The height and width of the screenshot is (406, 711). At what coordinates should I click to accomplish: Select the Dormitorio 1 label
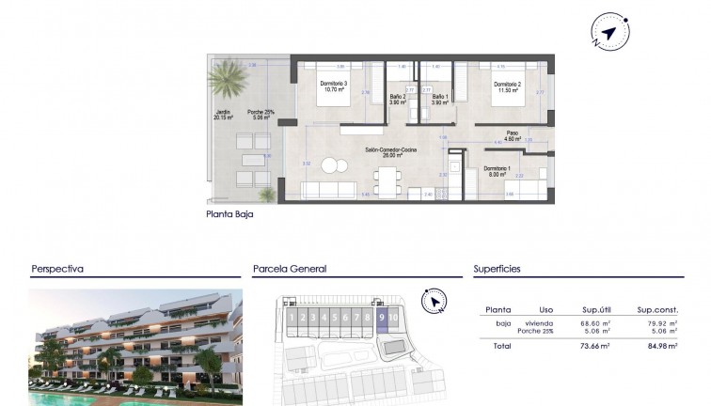point(498,170)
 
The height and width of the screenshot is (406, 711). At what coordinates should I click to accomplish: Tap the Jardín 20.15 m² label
point(223,116)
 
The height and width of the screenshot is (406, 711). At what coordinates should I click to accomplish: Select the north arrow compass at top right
point(610,33)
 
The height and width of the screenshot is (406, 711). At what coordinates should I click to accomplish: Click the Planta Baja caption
point(229,214)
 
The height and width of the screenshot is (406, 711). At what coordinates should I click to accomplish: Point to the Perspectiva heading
point(57,269)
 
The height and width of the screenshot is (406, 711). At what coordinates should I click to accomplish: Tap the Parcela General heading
point(290,269)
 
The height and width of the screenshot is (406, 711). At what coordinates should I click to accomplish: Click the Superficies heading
point(498,269)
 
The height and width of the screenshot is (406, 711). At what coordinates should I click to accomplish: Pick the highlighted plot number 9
point(381,318)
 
